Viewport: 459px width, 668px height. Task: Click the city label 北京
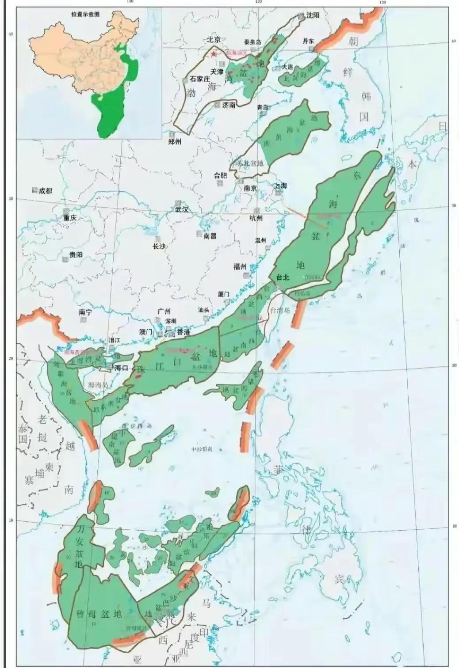tap(214, 39)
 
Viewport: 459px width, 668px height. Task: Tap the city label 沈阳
tap(312, 15)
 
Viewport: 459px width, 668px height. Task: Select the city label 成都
tap(45, 190)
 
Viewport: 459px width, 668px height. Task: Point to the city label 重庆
tap(69, 218)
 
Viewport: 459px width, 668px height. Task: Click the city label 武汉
tap(182, 209)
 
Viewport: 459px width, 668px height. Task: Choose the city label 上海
tap(280, 186)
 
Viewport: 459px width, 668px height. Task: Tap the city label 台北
tap(282, 277)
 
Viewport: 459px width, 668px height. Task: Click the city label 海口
tap(121, 368)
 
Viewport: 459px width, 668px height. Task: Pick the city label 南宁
tap(85, 312)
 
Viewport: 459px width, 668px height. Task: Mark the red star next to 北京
tap(214, 54)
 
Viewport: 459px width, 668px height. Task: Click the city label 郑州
tap(175, 142)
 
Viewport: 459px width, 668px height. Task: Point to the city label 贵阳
tap(76, 254)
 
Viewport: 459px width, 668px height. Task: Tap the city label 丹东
tap(308, 41)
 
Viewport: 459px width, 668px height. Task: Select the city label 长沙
tap(159, 246)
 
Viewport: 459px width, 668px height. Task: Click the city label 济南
tap(229, 105)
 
